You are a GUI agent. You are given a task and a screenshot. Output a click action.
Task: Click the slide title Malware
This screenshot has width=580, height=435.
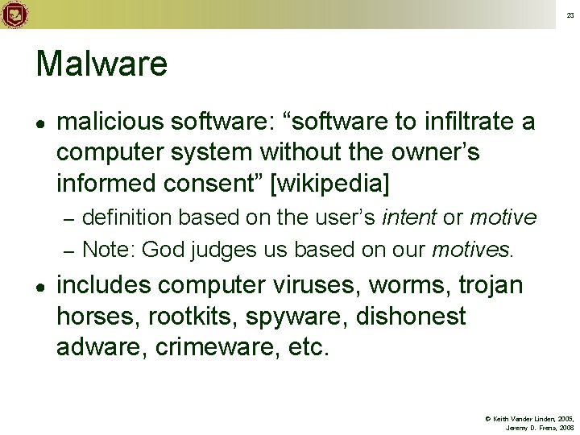pos(101,64)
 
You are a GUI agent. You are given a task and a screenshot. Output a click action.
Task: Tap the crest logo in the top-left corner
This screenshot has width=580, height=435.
pos(14,14)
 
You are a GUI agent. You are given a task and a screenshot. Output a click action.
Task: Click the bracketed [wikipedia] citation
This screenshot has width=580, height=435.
pos(330,184)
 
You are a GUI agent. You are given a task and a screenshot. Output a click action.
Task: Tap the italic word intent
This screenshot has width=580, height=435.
pos(410,217)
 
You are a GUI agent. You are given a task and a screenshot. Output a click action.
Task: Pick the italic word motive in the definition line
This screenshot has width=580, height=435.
pos(503,217)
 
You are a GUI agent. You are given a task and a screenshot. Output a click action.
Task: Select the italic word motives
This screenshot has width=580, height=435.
pos(470,250)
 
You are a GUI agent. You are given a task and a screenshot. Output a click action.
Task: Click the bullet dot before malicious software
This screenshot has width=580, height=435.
pos(39,122)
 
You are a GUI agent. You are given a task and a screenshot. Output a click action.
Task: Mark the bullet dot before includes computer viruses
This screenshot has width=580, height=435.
pos(39,286)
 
